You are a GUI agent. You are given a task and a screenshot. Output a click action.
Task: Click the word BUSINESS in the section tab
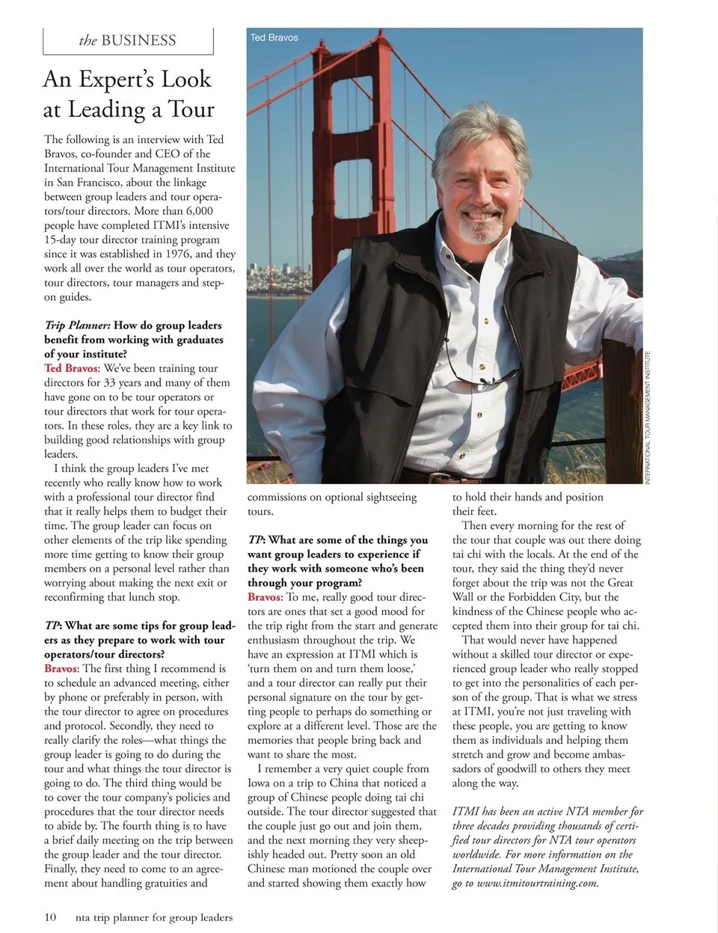click(138, 40)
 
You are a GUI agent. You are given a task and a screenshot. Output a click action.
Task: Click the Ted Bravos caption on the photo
click(274, 37)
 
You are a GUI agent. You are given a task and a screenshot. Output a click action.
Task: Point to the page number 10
click(50, 917)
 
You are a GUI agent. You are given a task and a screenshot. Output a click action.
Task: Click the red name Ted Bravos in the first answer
click(71, 368)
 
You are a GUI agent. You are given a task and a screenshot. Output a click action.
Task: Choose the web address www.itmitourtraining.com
click(538, 883)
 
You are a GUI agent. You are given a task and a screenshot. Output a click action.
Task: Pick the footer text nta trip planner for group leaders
click(154, 917)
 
